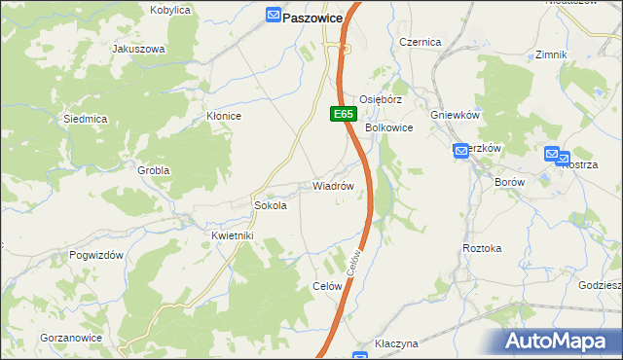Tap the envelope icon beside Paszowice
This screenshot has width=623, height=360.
[274, 17]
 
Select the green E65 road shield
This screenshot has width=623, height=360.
[342, 114]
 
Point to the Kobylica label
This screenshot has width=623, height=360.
[169, 10]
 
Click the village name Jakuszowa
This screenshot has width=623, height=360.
[138, 49]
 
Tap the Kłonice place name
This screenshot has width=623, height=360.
[223, 116]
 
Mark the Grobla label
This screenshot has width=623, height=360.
[154, 170]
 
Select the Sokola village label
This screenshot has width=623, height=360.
[270, 206]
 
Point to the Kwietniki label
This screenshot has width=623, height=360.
[232, 235]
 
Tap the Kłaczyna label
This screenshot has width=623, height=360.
[396, 344]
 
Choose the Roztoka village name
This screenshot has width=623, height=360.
[482, 248]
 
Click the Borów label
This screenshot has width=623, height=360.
[509, 182]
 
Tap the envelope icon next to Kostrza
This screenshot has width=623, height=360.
[552, 154]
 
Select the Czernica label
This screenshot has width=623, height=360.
[421, 42]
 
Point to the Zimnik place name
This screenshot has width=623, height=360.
[551, 54]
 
